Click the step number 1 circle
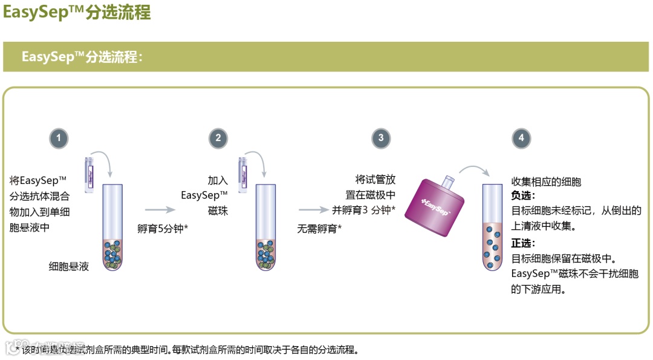point(59,139)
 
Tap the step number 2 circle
point(218,139)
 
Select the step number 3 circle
point(380,139)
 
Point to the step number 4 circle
point(521,139)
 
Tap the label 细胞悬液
point(69,266)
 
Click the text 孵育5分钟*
point(163,228)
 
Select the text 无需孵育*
point(319,228)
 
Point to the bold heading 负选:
point(524,196)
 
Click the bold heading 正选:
point(524,243)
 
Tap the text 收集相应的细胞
point(546,181)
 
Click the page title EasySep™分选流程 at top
point(77,12)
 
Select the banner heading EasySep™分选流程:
point(82,57)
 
